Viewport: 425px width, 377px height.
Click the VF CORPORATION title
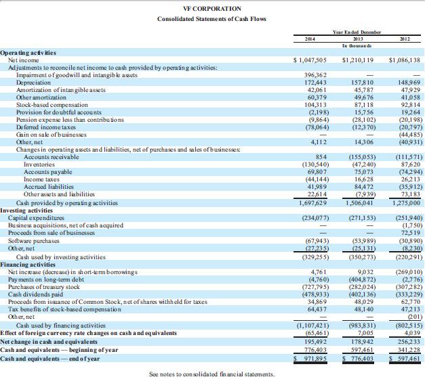(212, 8)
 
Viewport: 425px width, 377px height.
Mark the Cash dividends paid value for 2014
(312, 295)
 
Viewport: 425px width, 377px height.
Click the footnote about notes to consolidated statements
(211, 373)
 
